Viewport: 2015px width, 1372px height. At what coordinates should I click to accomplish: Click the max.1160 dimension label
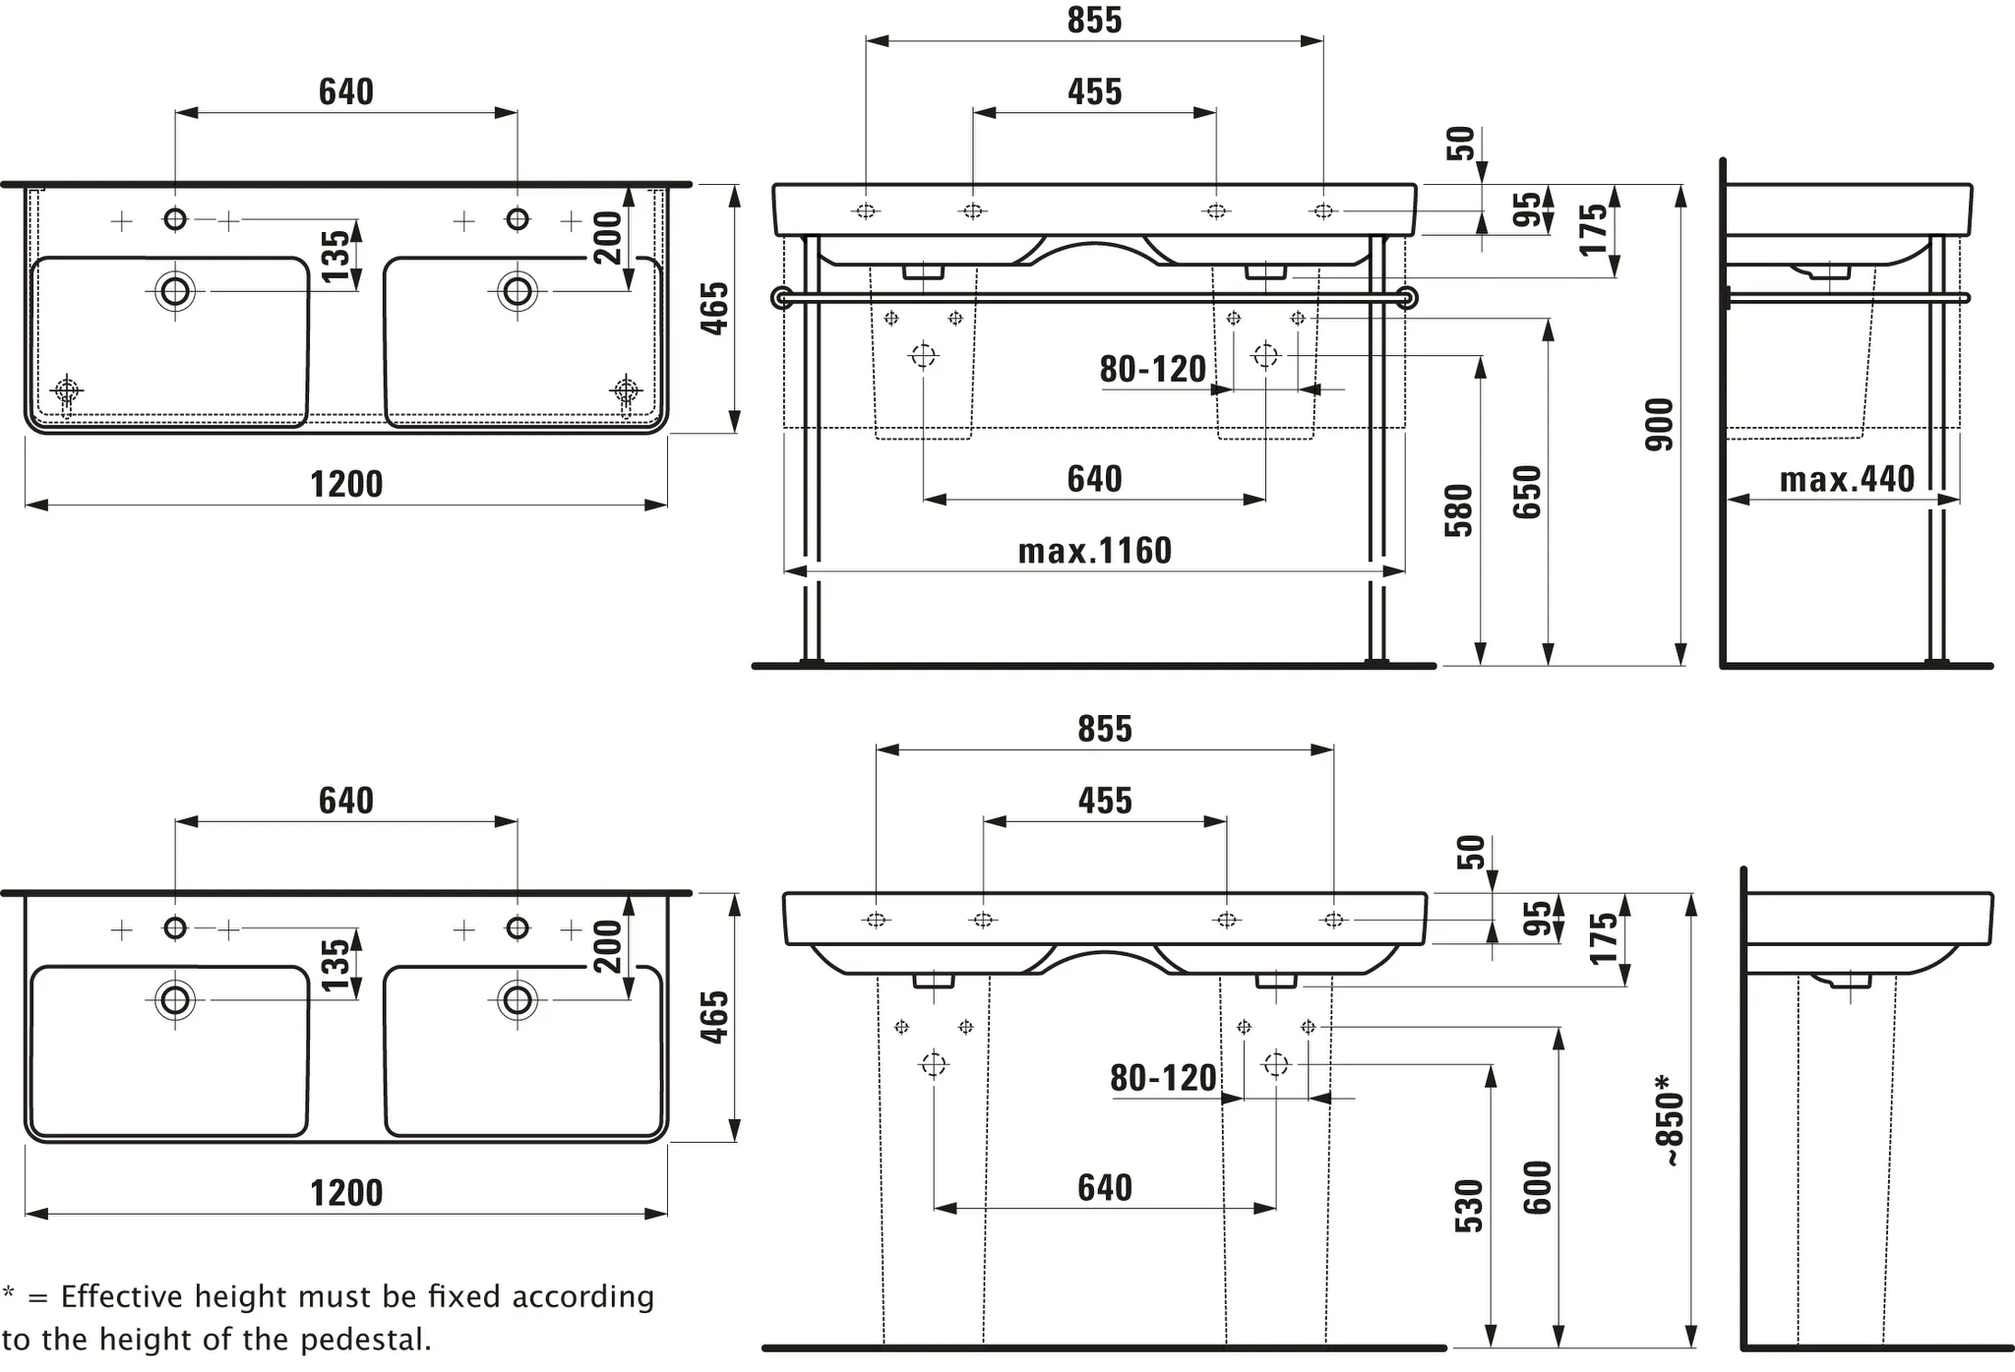pos(1094,551)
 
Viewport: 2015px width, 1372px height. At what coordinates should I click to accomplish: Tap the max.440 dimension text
pos(1847,480)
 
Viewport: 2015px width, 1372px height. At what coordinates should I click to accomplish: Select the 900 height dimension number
pos(1659,425)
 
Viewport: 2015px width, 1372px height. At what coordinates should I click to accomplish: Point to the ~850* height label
pos(1670,1120)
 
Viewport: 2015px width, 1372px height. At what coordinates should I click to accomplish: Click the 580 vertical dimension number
pos(1458,510)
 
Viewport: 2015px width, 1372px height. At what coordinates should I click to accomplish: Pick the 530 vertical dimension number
pos(1468,1206)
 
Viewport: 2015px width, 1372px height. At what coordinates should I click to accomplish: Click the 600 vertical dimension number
pos(1537,1187)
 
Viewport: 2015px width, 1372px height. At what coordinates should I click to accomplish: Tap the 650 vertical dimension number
pos(1527,492)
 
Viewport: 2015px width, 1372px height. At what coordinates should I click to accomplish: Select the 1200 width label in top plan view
pos(346,485)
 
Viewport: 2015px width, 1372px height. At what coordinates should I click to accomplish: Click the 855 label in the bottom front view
pos(1104,730)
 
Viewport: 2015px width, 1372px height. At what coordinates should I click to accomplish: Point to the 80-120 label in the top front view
pos(1152,370)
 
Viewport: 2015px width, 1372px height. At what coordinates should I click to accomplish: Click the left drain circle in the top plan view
pos(175,291)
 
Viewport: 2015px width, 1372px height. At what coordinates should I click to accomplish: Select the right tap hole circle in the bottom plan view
pos(518,927)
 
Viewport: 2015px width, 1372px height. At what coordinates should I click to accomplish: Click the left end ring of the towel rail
pos(782,298)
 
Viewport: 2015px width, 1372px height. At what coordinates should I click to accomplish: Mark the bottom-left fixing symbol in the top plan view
pos(66,390)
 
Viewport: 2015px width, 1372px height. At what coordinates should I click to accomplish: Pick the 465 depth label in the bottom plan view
pos(715,1017)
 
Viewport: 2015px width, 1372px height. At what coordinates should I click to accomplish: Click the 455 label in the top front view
pos(1094,92)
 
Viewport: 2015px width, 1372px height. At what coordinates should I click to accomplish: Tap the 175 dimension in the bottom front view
pos(1604,937)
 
